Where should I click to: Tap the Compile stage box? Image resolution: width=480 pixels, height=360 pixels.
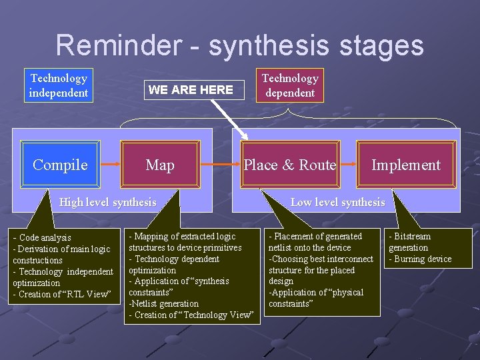pos(60,165)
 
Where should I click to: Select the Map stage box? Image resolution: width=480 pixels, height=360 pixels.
pos(160,165)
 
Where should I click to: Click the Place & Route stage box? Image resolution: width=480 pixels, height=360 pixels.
pos(289,165)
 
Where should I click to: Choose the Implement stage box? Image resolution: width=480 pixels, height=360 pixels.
pos(405,165)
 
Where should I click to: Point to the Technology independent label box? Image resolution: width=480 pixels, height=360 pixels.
pos(59,86)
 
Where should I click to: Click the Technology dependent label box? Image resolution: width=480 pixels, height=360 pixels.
pos(289,86)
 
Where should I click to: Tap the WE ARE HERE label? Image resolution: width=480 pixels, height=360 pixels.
pos(191,89)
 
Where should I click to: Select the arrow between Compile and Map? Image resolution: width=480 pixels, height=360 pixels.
pos(110,164)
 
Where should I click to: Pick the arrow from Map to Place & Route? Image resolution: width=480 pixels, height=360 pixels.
pos(219,164)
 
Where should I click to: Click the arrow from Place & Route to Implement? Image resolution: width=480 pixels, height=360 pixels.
pos(347,164)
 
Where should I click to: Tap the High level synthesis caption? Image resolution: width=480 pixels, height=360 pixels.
pos(108,202)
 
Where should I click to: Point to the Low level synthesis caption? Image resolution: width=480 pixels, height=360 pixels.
pos(337,202)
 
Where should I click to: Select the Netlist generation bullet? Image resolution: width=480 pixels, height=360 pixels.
pos(164,303)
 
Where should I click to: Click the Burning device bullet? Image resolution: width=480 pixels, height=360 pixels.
pos(421,259)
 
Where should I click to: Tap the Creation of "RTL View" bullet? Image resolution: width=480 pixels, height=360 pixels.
pos(62,294)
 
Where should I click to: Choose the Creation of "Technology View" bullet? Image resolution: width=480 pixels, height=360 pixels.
pos(191,315)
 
